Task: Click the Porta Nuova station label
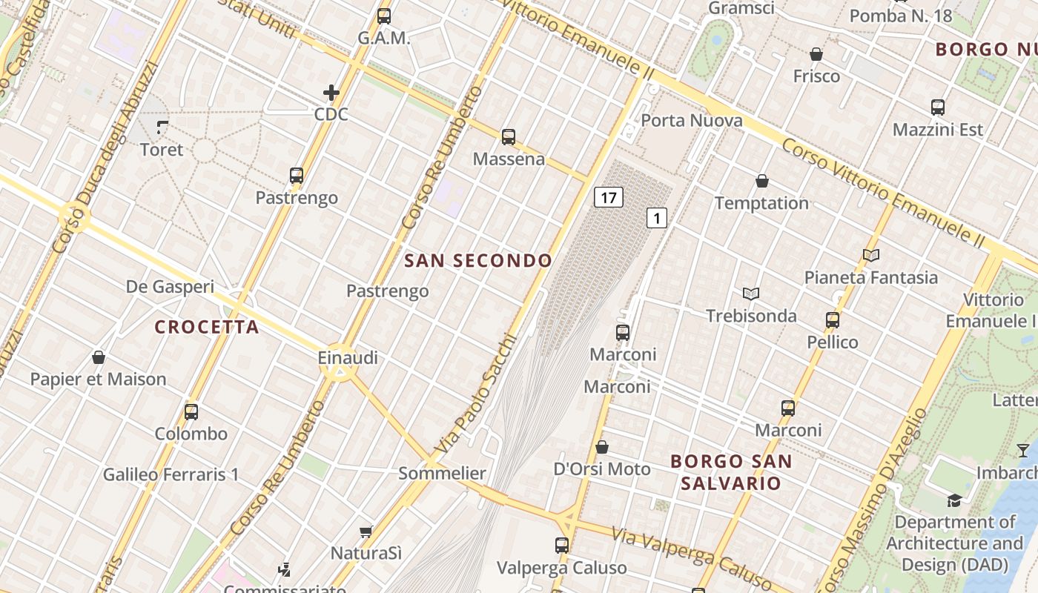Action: click(x=691, y=120)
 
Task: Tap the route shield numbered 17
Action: click(x=608, y=197)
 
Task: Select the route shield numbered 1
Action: click(x=657, y=218)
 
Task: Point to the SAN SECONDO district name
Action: click(x=478, y=260)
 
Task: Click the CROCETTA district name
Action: click(x=207, y=327)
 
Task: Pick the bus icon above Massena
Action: click(x=508, y=136)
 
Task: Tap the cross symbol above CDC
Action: click(x=331, y=93)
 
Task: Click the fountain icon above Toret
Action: click(x=162, y=127)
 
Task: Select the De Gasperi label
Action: click(x=170, y=287)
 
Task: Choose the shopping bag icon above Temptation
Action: click(x=761, y=181)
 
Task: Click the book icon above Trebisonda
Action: click(x=751, y=294)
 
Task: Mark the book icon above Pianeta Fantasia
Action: click(x=871, y=256)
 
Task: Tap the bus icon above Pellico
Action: click(x=833, y=320)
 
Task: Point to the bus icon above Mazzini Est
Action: click(x=938, y=107)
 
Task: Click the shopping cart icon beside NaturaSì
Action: click(x=366, y=531)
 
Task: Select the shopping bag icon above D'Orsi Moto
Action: click(x=602, y=447)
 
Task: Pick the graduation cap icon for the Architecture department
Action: click(x=954, y=500)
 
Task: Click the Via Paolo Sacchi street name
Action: click(x=475, y=394)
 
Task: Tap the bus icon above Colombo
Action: click(x=191, y=412)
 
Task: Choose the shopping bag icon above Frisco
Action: click(x=816, y=54)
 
